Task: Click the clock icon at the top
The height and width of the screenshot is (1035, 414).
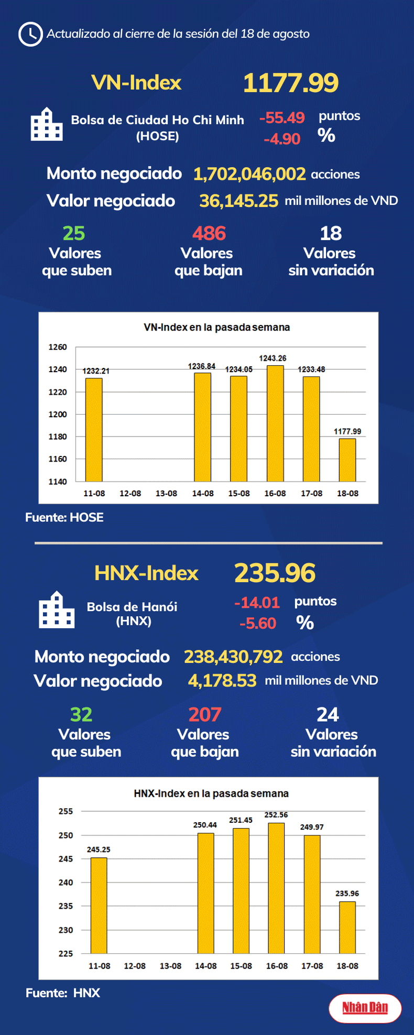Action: click(x=30, y=34)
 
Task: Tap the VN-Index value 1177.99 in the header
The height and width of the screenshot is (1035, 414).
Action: click(x=291, y=83)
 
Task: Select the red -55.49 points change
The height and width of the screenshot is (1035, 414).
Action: click(x=282, y=118)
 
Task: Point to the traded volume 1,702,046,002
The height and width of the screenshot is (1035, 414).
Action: click(x=249, y=174)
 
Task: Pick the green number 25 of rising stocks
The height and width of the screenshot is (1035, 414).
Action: click(x=74, y=233)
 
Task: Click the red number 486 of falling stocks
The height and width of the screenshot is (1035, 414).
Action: click(x=209, y=233)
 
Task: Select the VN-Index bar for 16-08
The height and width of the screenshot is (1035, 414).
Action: click(x=275, y=423)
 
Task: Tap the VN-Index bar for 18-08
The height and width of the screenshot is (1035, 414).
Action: click(x=347, y=460)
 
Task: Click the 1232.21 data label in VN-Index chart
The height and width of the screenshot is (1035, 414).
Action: click(x=96, y=371)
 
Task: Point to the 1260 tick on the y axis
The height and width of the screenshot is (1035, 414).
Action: click(x=58, y=347)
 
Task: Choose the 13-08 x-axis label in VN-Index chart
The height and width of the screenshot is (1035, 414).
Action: click(x=166, y=494)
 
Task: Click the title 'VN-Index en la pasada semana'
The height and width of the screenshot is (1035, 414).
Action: click(x=216, y=328)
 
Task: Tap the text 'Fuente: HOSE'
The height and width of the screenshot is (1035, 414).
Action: click(x=64, y=518)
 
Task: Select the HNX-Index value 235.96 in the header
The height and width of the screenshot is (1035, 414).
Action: click(x=275, y=573)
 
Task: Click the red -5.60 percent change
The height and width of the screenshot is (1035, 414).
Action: click(x=257, y=623)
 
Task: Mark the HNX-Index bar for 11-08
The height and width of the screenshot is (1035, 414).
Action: click(x=99, y=906)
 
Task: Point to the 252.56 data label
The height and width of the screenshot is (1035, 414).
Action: click(x=276, y=815)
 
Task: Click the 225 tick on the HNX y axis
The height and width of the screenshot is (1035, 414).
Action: click(x=66, y=954)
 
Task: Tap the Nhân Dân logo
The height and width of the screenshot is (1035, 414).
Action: click(x=365, y=1007)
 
